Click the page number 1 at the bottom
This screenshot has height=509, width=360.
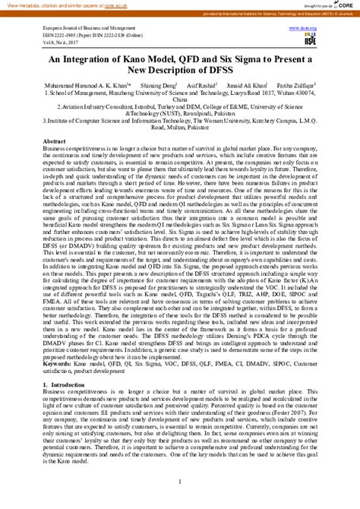pyautogui.click(x=180, y=484)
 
